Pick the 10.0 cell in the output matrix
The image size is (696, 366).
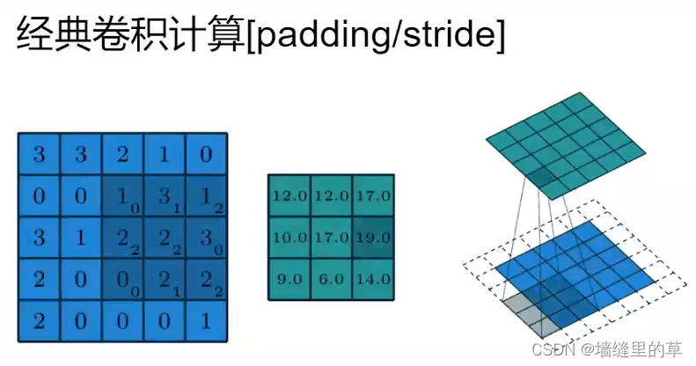(289, 237)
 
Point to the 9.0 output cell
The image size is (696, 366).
(289, 279)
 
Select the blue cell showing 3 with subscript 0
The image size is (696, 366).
(205, 238)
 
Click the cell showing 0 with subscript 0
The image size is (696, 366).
(122, 281)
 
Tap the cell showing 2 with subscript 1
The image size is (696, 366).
(164, 281)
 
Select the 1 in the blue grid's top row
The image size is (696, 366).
(164, 155)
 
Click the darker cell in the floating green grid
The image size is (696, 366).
(540, 179)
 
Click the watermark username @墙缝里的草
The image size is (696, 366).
(629, 349)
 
